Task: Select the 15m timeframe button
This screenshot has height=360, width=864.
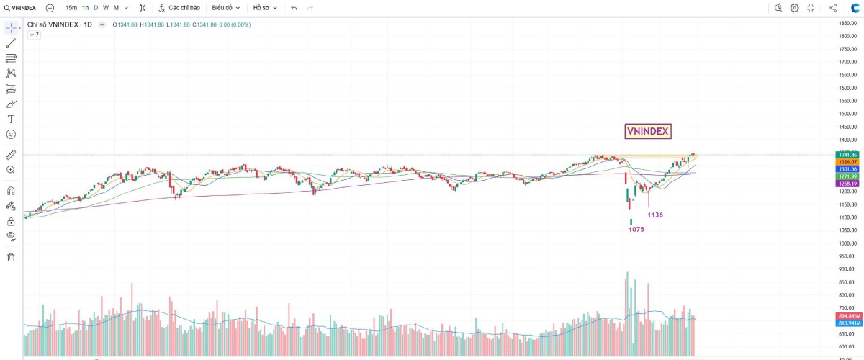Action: (x=71, y=8)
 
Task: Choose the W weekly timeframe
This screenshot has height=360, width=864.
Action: (x=106, y=8)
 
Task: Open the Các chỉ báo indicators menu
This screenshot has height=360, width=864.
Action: (x=179, y=8)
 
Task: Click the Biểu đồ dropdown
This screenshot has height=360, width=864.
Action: (x=225, y=8)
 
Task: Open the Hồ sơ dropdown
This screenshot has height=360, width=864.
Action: (x=264, y=8)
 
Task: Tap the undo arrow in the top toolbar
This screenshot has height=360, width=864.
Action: (x=294, y=8)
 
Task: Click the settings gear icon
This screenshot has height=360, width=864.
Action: (x=794, y=8)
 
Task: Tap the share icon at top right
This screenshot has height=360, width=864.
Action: (x=833, y=8)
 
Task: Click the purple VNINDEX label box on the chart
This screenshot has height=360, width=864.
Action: (x=648, y=131)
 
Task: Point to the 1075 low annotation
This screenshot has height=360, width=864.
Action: (x=636, y=230)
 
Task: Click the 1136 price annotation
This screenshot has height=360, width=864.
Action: (x=655, y=215)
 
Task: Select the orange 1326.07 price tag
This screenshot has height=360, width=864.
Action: (x=847, y=162)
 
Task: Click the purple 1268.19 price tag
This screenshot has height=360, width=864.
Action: (x=847, y=184)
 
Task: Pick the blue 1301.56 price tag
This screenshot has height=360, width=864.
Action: (x=847, y=169)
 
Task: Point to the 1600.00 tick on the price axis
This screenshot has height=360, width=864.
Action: (x=846, y=88)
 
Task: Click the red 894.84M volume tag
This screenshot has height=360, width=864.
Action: (x=847, y=316)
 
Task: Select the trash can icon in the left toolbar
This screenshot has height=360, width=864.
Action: (x=11, y=257)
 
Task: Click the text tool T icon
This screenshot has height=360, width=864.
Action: (x=11, y=119)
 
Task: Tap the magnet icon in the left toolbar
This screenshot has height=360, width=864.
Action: (x=11, y=191)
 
